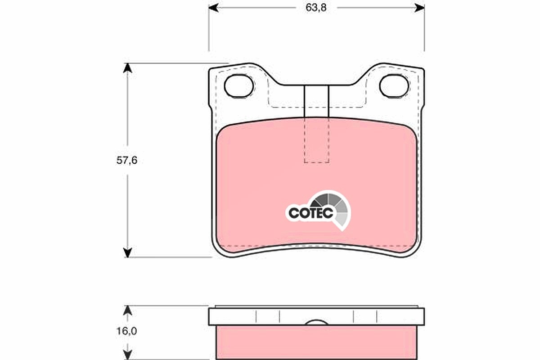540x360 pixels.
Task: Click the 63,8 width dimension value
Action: [x=316, y=8]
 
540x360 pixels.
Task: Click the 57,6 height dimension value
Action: [x=127, y=160]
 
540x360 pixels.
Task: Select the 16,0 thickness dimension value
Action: [x=127, y=331]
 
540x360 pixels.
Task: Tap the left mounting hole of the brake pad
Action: [x=238, y=86]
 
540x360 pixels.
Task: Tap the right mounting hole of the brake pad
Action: [x=394, y=86]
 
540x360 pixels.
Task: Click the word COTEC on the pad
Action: [x=311, y=213]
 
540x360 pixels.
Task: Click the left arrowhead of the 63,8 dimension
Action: [x=214, y=8]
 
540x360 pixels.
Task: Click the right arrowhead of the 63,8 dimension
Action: [x=419, y=8]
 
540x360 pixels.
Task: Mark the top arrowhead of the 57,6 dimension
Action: [x=127, y=68]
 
